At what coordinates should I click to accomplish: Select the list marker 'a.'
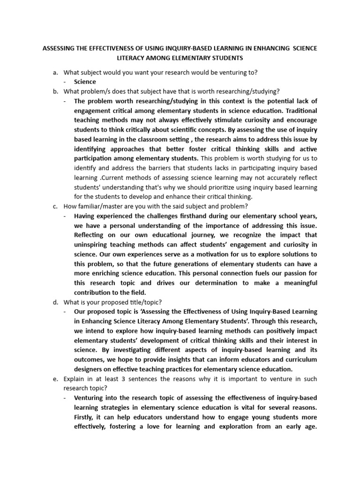(x=55, y=72)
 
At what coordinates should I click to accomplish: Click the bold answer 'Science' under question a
(x=85, y=82)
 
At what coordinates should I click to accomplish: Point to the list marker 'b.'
(x=55, y=91)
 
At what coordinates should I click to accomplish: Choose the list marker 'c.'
(x=55, y=206)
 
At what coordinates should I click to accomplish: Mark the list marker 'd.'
(x=55, y=302)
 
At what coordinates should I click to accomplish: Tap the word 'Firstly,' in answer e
(x=86, y=417)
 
